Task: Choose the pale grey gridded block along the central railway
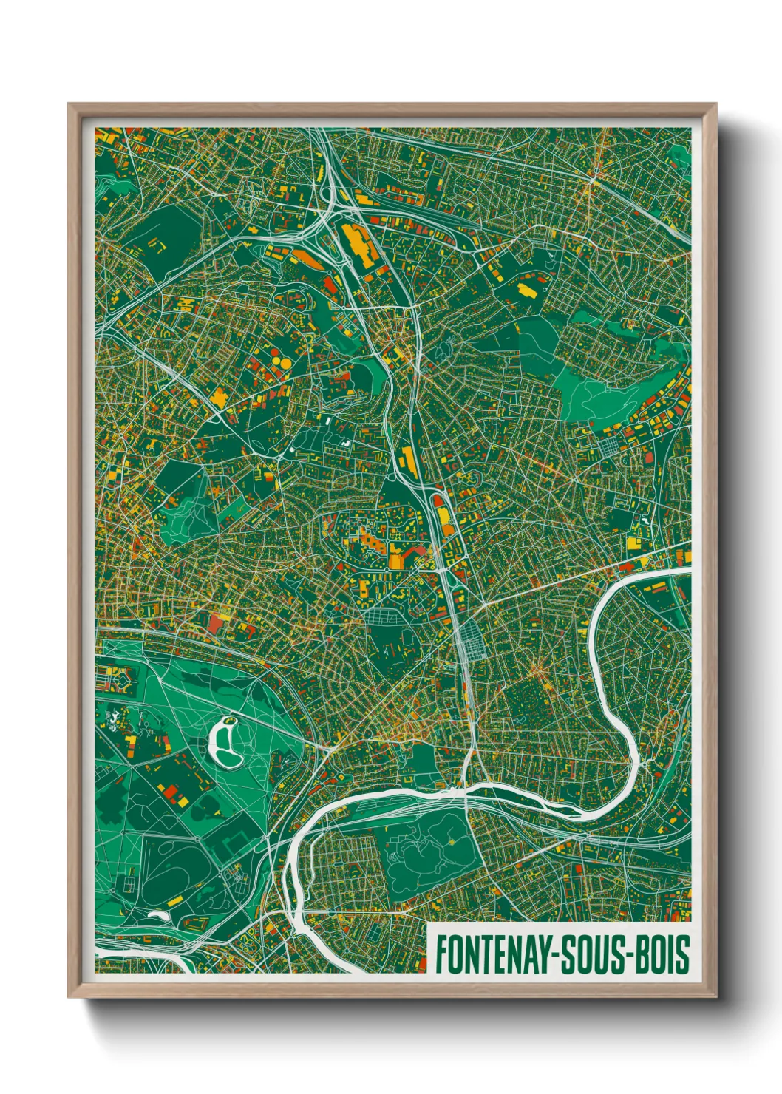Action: pyautogui.click(x=472, y=640)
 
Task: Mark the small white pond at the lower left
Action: pyautogui.click(x=157, y=914)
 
